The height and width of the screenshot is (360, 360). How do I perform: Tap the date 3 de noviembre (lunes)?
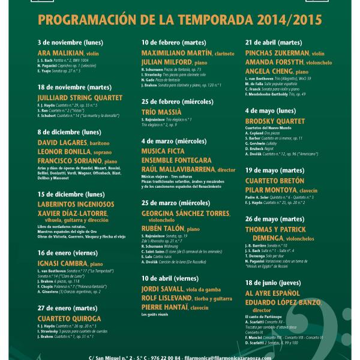(x=68, y=43)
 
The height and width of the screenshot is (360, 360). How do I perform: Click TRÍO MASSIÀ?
(x=162, y=112)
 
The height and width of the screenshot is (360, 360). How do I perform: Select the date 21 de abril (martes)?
(x=274, y=43)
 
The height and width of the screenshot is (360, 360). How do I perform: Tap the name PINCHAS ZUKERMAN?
(x=275, y=53)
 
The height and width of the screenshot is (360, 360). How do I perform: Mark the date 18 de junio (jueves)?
(x=273, y=281)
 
